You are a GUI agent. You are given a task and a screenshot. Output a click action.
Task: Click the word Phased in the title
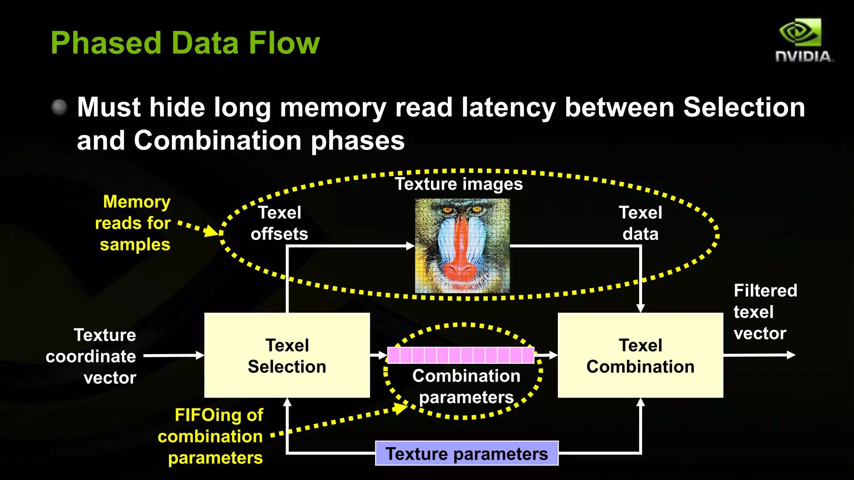106,43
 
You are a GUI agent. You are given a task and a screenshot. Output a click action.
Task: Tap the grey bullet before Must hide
59,107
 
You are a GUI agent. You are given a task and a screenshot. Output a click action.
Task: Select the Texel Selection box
287,355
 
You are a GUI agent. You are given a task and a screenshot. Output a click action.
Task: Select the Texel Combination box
640,355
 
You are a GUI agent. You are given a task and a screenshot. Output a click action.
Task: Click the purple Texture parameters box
467,453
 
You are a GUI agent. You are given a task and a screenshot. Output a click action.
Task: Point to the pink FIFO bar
461,355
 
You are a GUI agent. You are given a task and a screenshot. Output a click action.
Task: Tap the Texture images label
459,184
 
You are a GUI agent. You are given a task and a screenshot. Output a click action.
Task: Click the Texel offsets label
279,223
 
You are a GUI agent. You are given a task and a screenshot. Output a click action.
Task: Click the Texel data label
640,223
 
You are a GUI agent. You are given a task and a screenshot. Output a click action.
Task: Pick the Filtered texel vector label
765,312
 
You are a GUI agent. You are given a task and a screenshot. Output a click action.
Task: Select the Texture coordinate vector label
92,356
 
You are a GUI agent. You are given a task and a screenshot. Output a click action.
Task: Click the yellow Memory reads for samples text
133,223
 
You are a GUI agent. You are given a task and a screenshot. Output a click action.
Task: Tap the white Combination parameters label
466,386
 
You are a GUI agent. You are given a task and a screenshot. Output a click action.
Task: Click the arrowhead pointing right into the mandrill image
410,246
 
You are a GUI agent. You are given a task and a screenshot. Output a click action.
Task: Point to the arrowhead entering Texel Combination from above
640,308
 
